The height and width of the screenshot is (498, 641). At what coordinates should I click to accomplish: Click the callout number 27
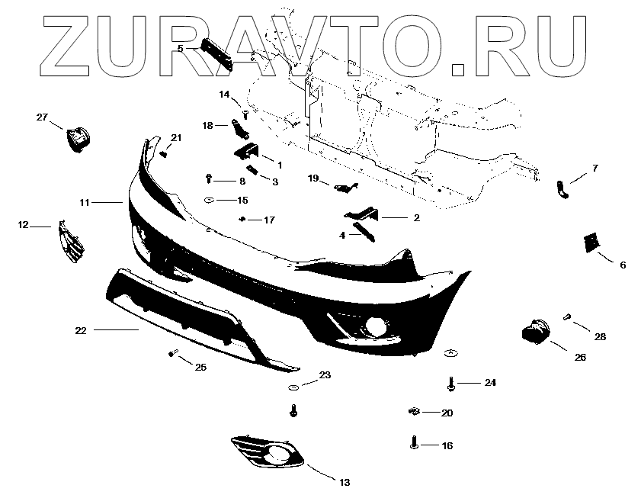pyautogui.click(x=42, y=117)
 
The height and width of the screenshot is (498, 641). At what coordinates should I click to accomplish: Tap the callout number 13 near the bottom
pyautogui.click(x=344, y=482)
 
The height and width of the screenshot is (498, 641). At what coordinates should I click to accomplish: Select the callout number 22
pyautogui.click(x=81, y=330)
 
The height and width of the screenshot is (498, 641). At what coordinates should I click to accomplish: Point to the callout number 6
pyautogui.click(x=622, y=265)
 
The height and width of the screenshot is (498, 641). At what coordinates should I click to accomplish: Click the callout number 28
pyautogui.click(x=601, y=336)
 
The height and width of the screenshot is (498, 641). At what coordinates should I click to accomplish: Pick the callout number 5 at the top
pyautogui.click(x=181, y=48)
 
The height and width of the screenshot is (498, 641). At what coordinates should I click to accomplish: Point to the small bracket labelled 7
pyautogui.click(x=562, y=189)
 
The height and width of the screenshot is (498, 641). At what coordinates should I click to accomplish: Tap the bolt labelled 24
pyautogui.click(x=451, y=383)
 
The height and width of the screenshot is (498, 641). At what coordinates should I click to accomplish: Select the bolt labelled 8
pyautogui.click(x=209, y=181)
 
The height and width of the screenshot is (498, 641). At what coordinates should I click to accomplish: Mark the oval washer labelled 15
pyautogui.click(x=208, y=200)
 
